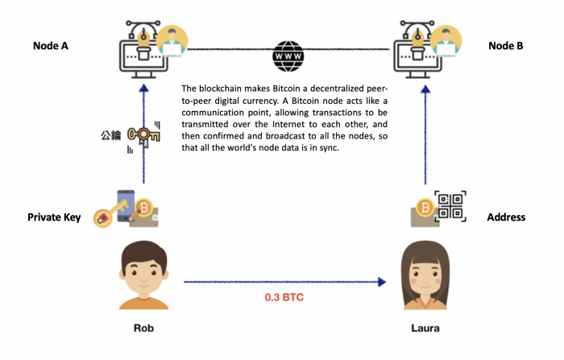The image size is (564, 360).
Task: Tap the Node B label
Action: coord(505,46)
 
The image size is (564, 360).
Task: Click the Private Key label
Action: coord(54,217)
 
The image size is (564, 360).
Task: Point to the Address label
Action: coord(506,217)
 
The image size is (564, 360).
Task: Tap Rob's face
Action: coord(143,271)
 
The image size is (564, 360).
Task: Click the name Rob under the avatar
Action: coord(143,329)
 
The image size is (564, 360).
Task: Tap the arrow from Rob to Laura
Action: coord(282,282)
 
